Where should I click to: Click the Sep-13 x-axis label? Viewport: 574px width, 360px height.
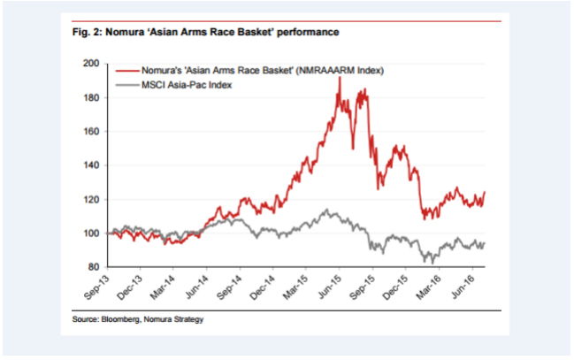(99, 284)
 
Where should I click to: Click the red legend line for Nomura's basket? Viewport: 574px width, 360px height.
(126, 68)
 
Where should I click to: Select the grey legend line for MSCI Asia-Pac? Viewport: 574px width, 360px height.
(126, 84)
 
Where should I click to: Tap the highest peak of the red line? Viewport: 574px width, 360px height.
(341, 78)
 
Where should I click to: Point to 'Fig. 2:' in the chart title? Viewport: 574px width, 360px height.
(87, 33)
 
